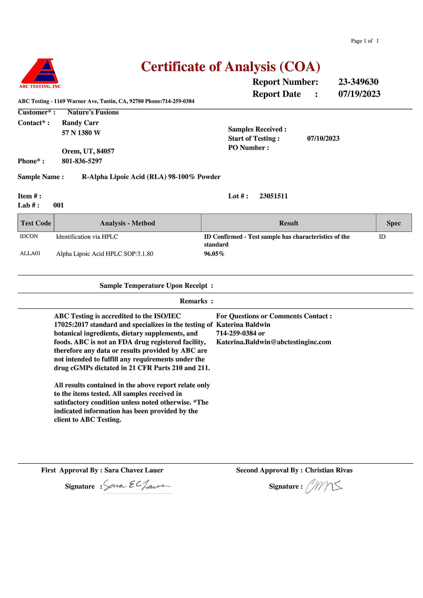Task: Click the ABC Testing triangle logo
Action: pyautogui.click(x=39, y=72)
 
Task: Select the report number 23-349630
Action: pyautogui.click(x=358, y=82)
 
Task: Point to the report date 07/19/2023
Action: pyautogui.click(x=359, y=94)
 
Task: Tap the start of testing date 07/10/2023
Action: pyautogui.click(x=323, y=139)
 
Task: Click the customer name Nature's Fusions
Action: pyautogui.click(x=93, y=112)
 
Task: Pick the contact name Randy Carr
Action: pyautogui.click(x=80, y=123)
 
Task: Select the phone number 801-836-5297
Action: pyautogui.click(x=82, y=161)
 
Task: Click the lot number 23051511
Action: pyautogui.click(x=273, y=196)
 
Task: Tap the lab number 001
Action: pyautogui.click(x=58, y=205)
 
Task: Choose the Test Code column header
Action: pyautogui.click(x=36, y=223)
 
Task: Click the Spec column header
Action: pyautogui.click(x=393, y=223)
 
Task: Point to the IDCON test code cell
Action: pyautogui.click(x=29, y=237)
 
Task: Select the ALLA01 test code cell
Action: pyautogui.click(x=30, y=254)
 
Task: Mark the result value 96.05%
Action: pyautogui.click(x=214, y=254)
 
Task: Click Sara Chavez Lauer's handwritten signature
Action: pyautogui.click(x=137, y=486)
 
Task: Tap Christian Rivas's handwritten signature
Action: pyautogui.click(x=324, y=486)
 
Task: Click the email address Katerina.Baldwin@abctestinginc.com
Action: pyautogui.click(x=274, y=342)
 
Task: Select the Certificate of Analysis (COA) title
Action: pyautogui.click(x=231, y=67)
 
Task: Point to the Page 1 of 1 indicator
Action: pyautogui.click(x=365, y=41)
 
